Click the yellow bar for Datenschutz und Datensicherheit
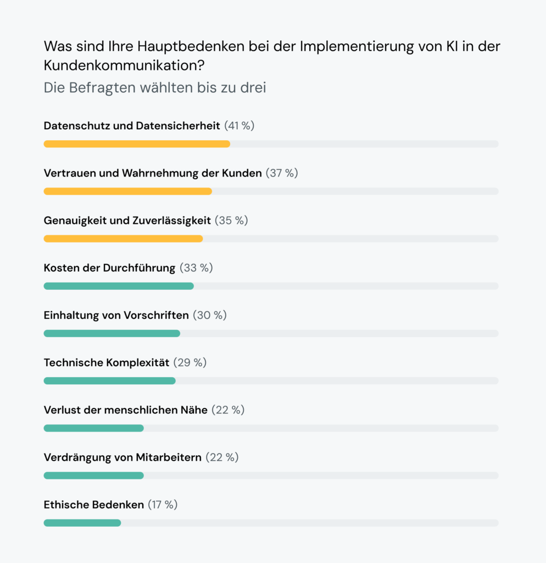137,144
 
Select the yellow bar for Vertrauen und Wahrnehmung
127,191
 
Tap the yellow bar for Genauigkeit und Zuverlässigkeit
123,239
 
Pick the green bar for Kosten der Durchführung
119,286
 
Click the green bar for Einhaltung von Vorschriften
112,333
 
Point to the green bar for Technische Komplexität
109,380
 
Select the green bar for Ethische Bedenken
82,523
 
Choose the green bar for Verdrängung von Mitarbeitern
93,476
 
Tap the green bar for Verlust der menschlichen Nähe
93,428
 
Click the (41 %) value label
239,126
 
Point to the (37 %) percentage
282,173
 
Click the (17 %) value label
163,505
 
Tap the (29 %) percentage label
190,363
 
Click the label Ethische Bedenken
94,505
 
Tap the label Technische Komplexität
107,363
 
